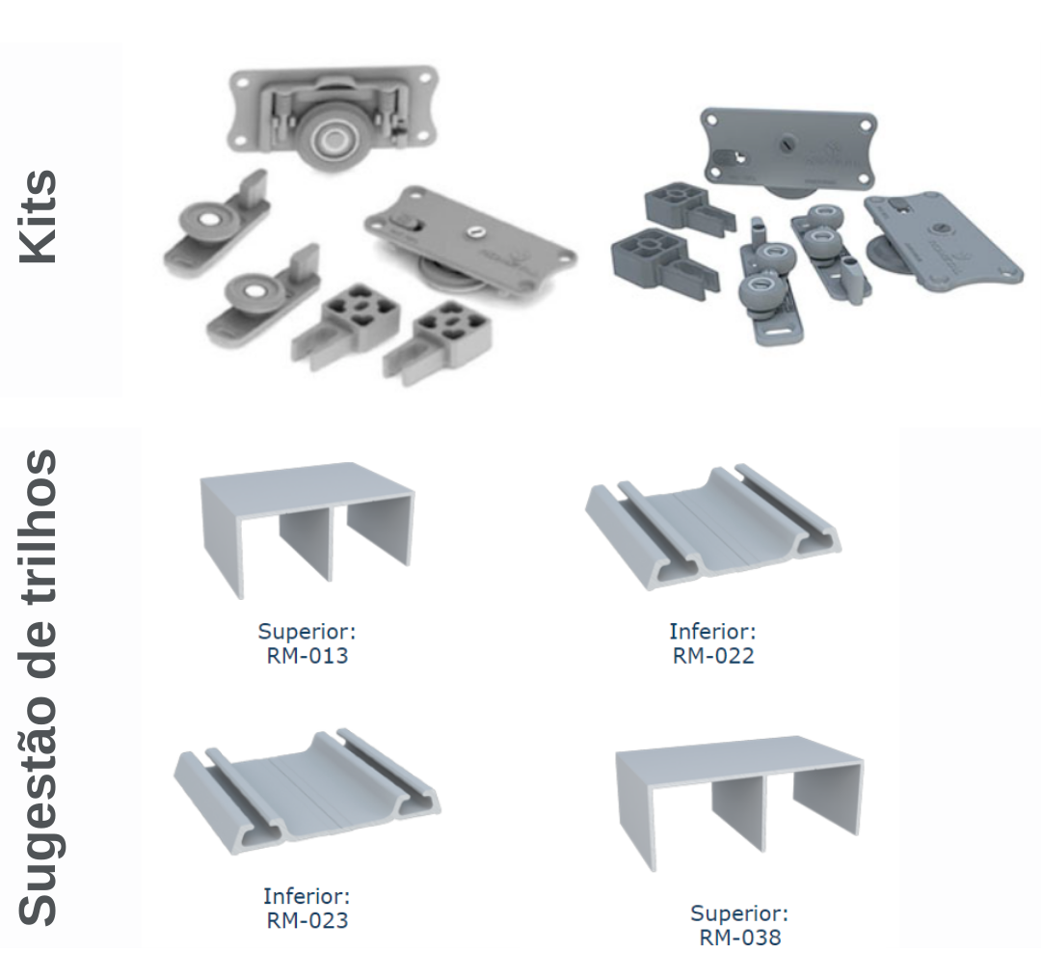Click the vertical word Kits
38,217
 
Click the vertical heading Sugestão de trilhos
38,689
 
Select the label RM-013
307,656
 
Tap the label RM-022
713,656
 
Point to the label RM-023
307,920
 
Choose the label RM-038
740,938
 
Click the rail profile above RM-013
307,530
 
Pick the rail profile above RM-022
713,527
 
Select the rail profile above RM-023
307,791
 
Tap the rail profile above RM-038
739,802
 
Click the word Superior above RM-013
307,631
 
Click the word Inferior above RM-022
712,631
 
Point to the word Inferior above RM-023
307,896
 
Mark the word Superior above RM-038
739,912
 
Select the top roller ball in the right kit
824,218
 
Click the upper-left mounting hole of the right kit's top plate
711,121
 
